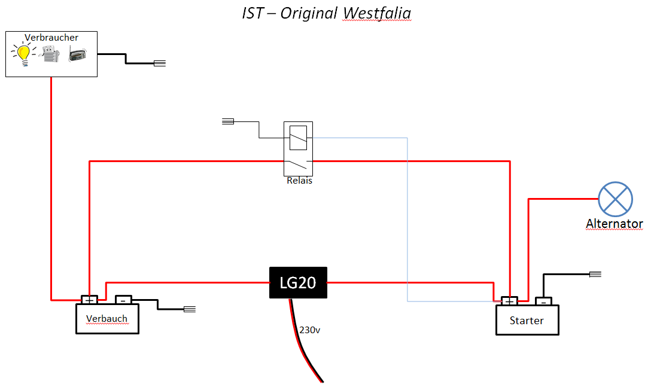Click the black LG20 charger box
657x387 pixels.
click(x=298, y=283)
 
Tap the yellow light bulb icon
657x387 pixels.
click(x=23, y=54)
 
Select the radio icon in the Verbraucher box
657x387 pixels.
click(x=78, y=55)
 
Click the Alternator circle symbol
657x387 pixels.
click(x=615, y=199)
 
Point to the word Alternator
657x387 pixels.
click(x=615, y=224)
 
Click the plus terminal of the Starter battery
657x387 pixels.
click(x=510, y=301)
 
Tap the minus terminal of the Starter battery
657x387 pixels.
click(x=543, y=301)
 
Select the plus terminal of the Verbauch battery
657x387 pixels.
click(x=89, y=300)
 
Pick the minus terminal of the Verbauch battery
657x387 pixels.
click(x=123, y=300)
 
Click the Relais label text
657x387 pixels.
click(x=299, y=181)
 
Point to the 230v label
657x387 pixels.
click(x=309, y=330)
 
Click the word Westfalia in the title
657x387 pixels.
click(x=377, y=13)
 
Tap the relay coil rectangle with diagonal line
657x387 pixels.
click(x=299, y=138)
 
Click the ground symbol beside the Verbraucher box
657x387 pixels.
click(x=160, y=63)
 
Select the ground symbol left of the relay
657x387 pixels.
click(x=228, y=121)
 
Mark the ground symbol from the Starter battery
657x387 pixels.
click(x=595, y=275)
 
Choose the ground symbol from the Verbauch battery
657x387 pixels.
click(x=190, y=309)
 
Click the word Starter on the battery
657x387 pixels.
click(x=527, y=321)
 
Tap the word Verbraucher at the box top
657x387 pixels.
click(x=51, y=38)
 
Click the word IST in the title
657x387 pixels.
click(x=253, y=13)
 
